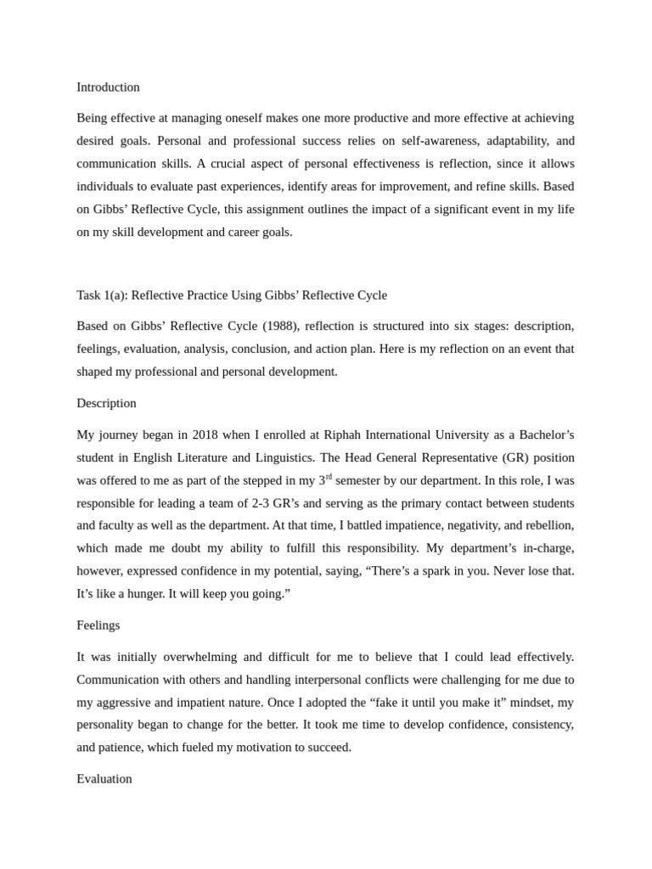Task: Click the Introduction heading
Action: [x=108, y=87]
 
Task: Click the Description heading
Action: [x=106, y=403]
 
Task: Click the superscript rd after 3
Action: [x=329, y=477]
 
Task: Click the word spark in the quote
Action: [x=431, y=571]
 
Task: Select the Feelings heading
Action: [x=98, y=625]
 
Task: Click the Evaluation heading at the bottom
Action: [x=104, y=779]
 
